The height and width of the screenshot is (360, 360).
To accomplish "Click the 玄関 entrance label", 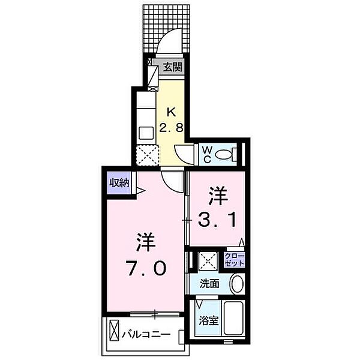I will [x=173, y=67].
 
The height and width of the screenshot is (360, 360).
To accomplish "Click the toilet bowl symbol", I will [x=224, y=155].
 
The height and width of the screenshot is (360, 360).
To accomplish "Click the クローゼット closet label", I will [x=234, y=259].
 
